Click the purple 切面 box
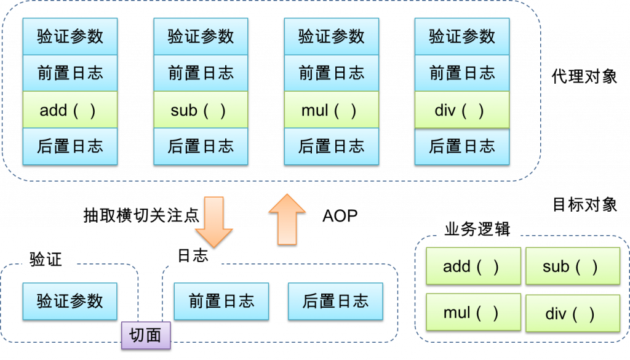146,335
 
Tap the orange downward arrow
213,222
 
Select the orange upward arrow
287,220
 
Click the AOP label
340,216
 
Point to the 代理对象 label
584,76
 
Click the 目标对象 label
585,204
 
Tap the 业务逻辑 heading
477,229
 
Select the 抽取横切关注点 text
141,216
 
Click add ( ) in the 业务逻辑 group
473,266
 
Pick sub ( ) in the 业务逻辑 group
573,266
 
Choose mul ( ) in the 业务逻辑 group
473,312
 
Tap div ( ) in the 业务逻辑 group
573,313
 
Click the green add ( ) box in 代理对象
70,110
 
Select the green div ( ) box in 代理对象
462,110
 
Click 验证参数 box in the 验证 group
70,302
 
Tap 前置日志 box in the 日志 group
221,302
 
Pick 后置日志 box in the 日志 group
335,302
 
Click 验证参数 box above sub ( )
201,36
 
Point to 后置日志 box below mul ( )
332,146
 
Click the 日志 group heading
193,255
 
